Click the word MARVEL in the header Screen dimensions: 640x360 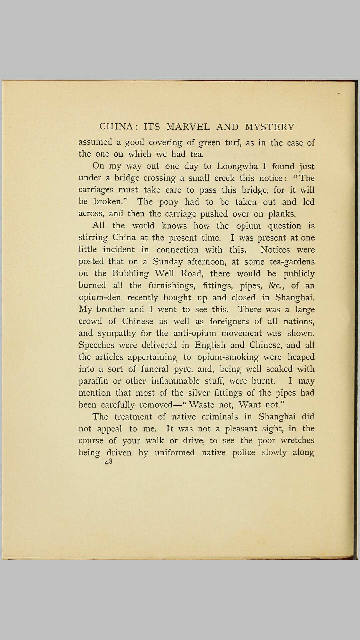[x=188, y=127]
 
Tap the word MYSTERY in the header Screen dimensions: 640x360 [x=270, y=127]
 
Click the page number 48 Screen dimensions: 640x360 [x=108, y=462]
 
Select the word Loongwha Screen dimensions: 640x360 [x=237, y=166]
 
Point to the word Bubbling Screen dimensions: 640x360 [x=130, y=273]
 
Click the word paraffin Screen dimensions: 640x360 [x=93, y=381]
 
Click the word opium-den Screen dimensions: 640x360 [x=100, y=297]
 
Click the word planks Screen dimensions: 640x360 [x=282, y=214]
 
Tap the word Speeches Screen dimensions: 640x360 [x=96, y=345]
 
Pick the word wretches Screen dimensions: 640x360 [x=297, y=440]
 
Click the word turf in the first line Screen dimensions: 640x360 [x=233, y=142]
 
